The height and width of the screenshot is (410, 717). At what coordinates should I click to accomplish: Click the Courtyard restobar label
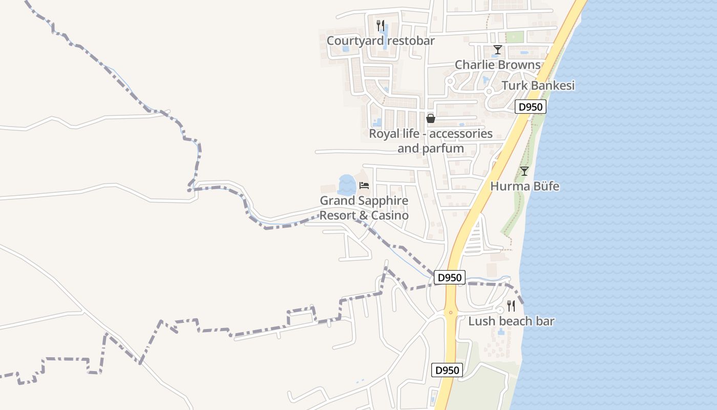pos(381,40)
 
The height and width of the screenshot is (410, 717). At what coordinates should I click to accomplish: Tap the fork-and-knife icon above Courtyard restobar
pos(380,25)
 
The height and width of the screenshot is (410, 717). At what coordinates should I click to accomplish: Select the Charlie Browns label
pos(497,65)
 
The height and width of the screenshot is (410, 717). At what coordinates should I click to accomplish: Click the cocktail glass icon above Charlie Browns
pos(497,50)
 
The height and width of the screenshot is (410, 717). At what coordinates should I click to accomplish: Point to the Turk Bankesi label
pos(538,86)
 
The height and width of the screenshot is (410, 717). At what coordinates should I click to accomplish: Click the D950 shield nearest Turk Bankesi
pos(531,107)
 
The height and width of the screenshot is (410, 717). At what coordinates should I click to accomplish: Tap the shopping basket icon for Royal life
pos(431,118)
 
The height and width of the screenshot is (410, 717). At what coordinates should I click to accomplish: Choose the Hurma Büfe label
pos(524,186)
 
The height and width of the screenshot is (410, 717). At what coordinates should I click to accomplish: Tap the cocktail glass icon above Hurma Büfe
pos(524,171)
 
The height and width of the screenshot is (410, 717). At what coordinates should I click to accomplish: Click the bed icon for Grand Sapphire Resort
pos(364,185)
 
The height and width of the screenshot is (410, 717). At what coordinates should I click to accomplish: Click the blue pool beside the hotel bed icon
pos(347,185)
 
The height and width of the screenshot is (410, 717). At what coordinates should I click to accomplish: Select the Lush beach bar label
pos(511,321)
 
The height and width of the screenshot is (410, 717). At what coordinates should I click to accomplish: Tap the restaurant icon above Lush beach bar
pos(511,306)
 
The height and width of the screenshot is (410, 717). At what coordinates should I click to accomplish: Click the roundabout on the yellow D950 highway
pos(451,312)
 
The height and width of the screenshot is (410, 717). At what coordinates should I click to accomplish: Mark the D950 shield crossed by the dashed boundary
pos(450,278)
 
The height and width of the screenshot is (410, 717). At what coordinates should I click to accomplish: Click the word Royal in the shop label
pos(384,134)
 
